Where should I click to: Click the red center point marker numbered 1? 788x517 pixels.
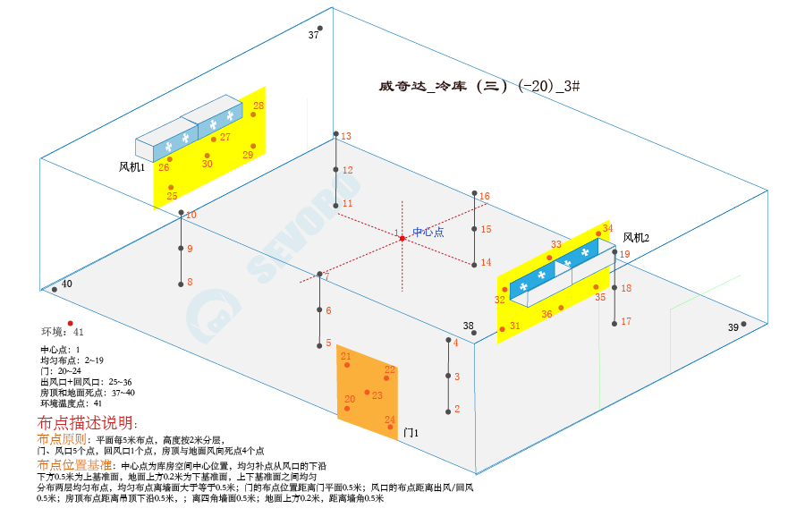pyautogui.click(x=402, y=238)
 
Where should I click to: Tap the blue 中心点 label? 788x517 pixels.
pyautogui.click(x=428, y=232)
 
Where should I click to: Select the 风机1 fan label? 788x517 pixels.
pyautogui.click(x=131, y=166)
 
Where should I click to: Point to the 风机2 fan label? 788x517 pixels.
pyautogui.click(x=636, y=237)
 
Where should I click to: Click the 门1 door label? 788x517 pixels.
pyautogui.click(x=411, y=432)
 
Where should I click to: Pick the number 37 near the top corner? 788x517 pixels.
pyautogui.click(x=313, y=35)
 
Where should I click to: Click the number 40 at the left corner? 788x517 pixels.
pyautogui.click(x=67, y=284)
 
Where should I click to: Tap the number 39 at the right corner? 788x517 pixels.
pyautogui.click(x=733, y=327)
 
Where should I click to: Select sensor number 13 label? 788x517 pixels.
pyautogui.click(x=346, y=136)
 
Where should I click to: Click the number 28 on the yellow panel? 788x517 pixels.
pyautogui.click(x=258, y=106)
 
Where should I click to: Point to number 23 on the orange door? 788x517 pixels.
pyautogui.click(x=377, y=394)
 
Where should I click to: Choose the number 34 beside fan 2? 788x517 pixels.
pyautogui.click(x=607, y=228)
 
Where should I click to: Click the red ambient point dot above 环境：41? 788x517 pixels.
pyautogui.click(x=70, y=323)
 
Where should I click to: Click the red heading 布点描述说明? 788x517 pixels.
pyautogui.click(x=88, y=422)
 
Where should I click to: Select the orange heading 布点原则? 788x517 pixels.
pyautogui.click(x=62, y=440)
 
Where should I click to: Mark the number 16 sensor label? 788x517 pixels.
pyautogui.click(x=485, y=196)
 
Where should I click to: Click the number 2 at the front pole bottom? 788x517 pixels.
pyautogui.click(x=457, y=409)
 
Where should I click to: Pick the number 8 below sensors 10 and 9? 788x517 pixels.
pyautogui.click(x=190, y=282)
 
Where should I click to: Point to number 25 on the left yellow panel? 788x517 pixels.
pyautogui.click(x=172, y=196)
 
